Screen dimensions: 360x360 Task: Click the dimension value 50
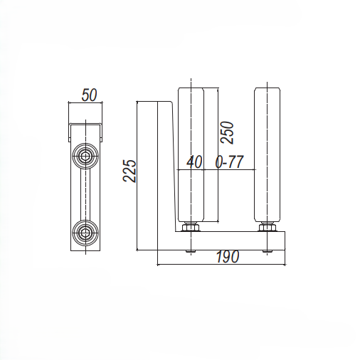[x=89, y=95]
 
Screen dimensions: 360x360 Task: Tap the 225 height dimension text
[x=129, y=171]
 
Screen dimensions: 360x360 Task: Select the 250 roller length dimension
[x=227, y=132]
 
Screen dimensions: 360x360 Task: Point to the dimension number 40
[x=194, y=162]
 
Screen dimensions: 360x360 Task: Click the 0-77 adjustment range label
[x=229, y=162]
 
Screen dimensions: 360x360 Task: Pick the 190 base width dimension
[x=228, y=257]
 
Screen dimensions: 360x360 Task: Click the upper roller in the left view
[x=85, y=157]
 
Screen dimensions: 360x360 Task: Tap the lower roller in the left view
[x=85, y=233]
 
